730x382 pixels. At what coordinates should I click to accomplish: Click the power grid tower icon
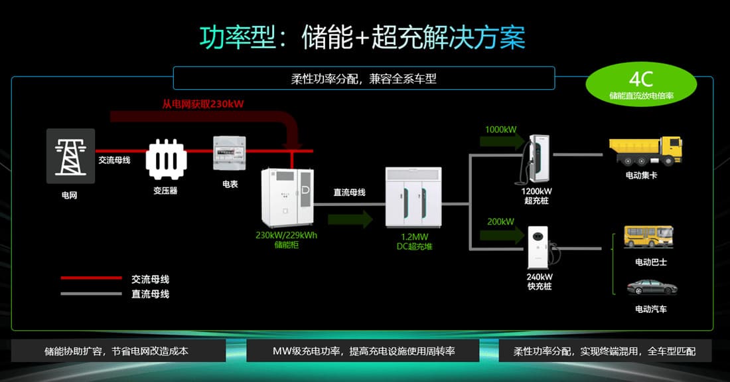[x=70, y=156]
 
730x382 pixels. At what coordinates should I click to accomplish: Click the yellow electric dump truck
[x=645, y=151]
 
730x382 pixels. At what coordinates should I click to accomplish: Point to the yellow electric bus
[x=648, y=237]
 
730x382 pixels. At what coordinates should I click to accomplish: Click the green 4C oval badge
[x=641, y=84]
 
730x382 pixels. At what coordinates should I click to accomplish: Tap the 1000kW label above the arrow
[x=500, y=129]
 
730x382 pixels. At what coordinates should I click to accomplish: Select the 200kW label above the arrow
[x=500, y=221]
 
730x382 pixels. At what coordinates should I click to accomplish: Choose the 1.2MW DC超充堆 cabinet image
[x=412, y=197]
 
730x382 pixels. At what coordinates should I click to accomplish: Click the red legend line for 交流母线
[x=91, y=278]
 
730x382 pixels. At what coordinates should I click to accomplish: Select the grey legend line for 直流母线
[x=91, y=294]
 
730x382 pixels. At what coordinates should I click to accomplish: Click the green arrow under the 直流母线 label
[x=350, y=218]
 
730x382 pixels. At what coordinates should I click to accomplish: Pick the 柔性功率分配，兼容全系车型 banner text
[x=364, y=78]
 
